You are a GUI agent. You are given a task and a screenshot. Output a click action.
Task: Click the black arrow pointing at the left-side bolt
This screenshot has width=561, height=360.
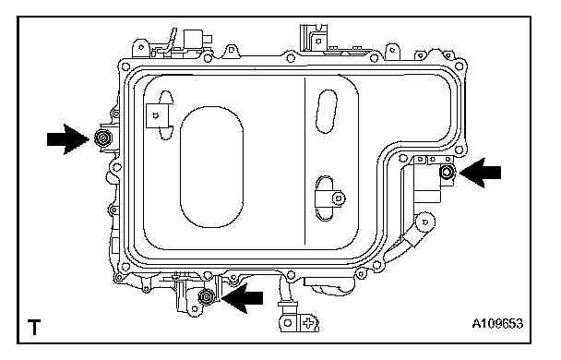[68, 138]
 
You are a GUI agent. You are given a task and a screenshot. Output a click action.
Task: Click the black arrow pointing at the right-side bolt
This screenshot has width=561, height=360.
[480, 173]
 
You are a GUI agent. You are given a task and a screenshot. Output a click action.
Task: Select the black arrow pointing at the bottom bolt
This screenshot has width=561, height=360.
[242, 298]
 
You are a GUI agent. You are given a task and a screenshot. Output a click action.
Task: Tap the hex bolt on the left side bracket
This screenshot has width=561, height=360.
[103, 138]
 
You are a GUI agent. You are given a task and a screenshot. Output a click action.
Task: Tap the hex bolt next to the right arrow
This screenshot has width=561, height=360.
[447, 173]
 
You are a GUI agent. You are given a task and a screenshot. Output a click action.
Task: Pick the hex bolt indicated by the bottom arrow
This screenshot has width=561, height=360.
[207, 297]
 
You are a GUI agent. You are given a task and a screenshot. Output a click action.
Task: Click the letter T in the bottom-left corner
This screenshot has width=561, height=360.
[34, 327]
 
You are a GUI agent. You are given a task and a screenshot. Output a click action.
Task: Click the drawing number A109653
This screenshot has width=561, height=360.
[497, 323]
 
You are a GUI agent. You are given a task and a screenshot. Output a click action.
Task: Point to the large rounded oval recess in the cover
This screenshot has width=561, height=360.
[212, 167]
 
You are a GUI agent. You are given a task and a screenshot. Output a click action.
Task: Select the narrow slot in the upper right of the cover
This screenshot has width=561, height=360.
[327, 112]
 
